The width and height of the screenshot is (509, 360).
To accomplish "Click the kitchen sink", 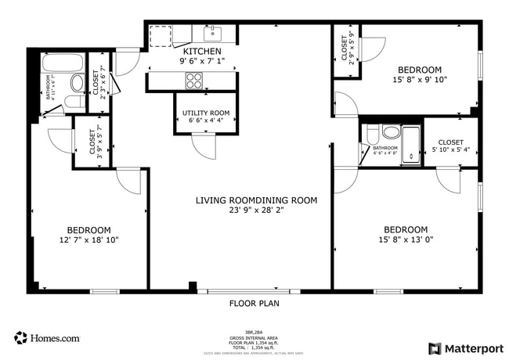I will (213, 34).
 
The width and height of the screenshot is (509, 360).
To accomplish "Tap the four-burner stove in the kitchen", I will (193, 80).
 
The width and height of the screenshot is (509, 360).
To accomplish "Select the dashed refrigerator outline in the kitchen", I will (160, 37).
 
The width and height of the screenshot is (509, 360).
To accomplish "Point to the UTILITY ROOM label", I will (206, 113).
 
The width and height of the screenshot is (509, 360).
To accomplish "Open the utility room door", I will (203, 146).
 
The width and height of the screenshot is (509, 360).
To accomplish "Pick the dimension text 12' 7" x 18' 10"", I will (88, 240).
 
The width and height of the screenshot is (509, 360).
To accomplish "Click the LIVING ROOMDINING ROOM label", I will (256, 200).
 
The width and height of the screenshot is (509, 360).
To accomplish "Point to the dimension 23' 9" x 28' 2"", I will (256, 211).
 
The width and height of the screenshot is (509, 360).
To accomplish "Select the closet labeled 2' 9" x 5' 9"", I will (345, 50).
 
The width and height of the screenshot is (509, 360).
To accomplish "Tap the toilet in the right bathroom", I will (373, 135).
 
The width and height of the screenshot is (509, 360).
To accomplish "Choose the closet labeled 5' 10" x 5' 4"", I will (451, 143).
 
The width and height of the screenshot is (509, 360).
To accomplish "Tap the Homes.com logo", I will (46, 338).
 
